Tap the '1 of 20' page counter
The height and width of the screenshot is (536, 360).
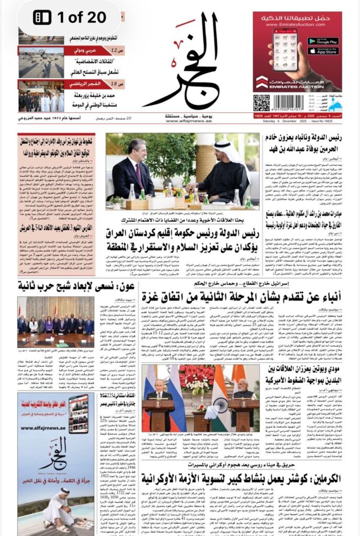[70, 17]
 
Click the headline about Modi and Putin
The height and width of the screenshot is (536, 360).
[309, 376]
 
